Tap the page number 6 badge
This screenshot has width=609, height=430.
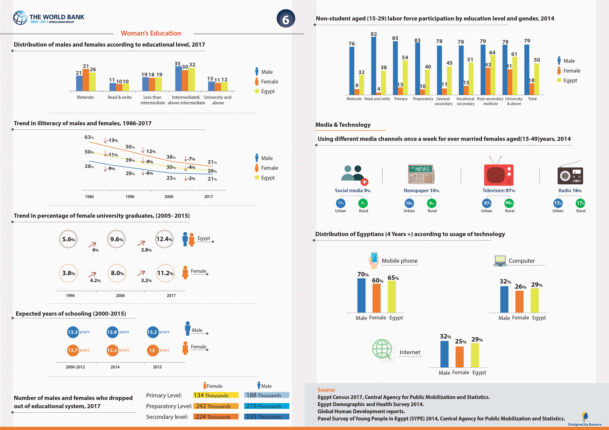pyautogui.click(x=286, y=19)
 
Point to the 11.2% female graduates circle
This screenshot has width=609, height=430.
pyautogui.click(x=165, y=273)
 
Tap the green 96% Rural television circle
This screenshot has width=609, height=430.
pyautogui.click(x=509, y=203)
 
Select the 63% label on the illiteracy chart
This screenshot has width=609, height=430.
pyautogui.click(x=89, y=137)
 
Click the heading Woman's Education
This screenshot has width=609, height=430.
pyautogui.click(x=151, y=33)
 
